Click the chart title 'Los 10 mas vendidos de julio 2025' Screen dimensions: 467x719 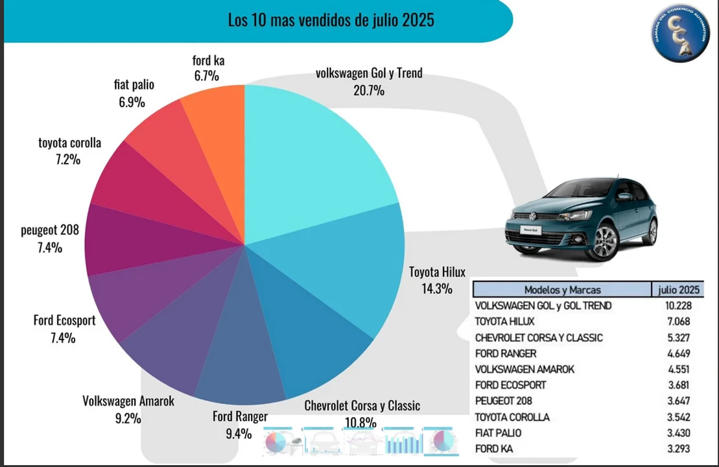click(x=331, y=20)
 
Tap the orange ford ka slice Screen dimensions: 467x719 click(x=217, y=130)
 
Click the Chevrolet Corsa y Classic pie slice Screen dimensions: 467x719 click(x=305, y=337)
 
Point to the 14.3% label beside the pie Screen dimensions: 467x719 click(x=436, y=289)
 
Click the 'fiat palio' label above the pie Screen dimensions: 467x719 click(x=134, y=85)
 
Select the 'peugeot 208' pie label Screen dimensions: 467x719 click(x=50, y=230)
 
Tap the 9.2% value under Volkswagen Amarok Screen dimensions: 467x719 click(x=128, y=418)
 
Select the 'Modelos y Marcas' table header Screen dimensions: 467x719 click(x=562, y=290)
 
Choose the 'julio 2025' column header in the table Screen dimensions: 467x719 click(x=678, y=290)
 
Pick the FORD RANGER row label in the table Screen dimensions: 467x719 click(x=506, y=353)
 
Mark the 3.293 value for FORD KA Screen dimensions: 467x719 click(x=677, y=449)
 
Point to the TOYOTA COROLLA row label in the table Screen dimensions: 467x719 click(x=512, y=417)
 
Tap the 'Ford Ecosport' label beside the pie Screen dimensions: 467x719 click(x=64, y=320)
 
